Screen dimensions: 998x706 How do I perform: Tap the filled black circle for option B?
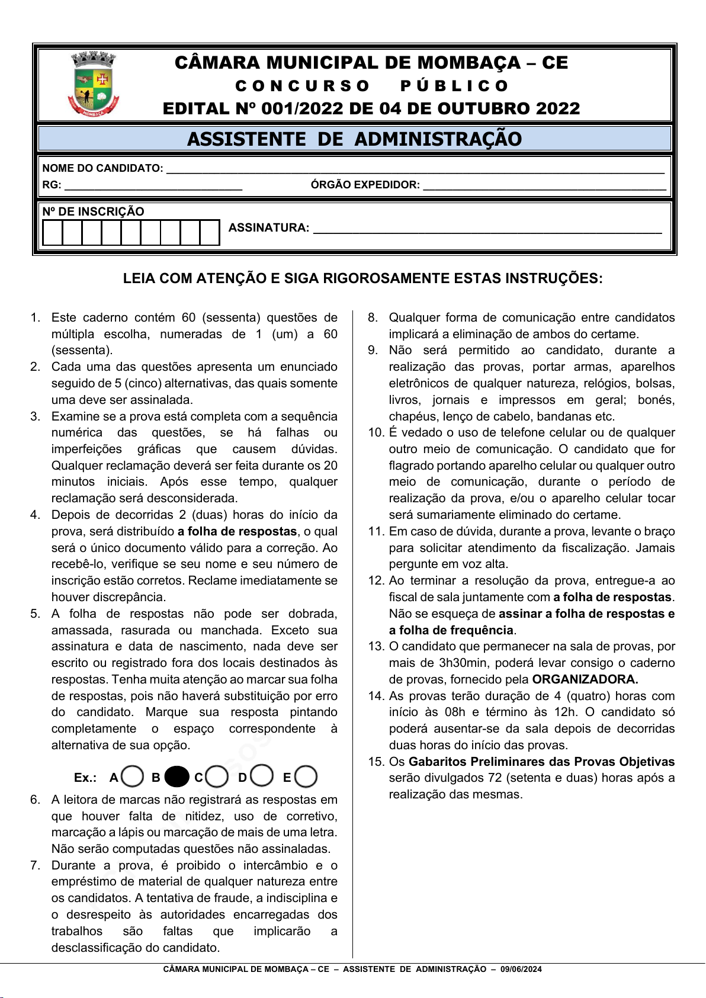pyautogui.click(x=176, y=776)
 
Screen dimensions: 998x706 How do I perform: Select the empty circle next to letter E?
pyautogui.click(x=306, y=776)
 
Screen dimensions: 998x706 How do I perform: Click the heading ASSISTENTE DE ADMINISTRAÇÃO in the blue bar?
pyautogui.click(x=354, y=139)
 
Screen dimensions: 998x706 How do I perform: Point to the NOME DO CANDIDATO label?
pyautogui.click(x=102, y=168)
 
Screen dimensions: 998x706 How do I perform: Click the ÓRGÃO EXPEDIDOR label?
pyautogui.click(x=365, y=185)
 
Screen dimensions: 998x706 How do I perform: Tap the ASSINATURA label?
pyautogui.click(x=269, y=227)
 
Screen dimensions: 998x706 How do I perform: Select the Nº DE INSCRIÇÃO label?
pyautogui.click(x=93, y=211)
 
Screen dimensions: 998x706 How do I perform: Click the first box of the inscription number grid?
pyautogui.click(x=53, y=233)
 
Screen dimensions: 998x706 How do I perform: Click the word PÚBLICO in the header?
pyautogui.click(x=454, y=86)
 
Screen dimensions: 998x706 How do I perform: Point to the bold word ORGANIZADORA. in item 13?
pyautogui.click(x=585, y=679)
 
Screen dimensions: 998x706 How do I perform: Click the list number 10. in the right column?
pyautogui.click(x=376, y=433)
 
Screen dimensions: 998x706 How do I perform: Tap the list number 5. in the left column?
pyautogui.click(x=36, y=614)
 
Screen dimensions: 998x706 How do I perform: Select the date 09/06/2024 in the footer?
pyautogui.click(x=521, y=969)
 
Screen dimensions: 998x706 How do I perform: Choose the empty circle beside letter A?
pyautogui.click(x=133, y=776)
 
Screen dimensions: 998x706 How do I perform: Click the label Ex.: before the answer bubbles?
pyautogui.click(x=85, y=778)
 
